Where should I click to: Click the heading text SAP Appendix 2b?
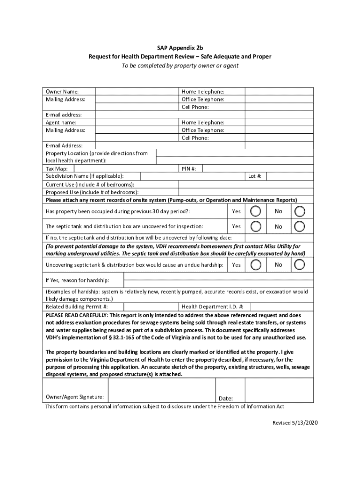tap(180, 48)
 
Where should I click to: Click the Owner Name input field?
tap(137, 92)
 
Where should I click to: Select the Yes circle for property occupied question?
tap(256, 211)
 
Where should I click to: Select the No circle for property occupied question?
tap(300, 211)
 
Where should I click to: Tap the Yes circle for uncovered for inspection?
tap(256, 226)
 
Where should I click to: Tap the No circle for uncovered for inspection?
tap(300, 226)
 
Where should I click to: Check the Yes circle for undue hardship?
tap(256, 265)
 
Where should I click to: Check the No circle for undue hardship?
tap(300, 265)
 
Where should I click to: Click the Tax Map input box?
tap(125, 168)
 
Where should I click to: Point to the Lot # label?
tap(255, 176)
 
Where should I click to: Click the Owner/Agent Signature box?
tap(161, 390)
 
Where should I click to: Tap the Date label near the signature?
tap(226, 399)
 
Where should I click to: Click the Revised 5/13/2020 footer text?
tap(295, 423)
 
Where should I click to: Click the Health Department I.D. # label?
tap(212, 307)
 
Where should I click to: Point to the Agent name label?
tap(61, 123)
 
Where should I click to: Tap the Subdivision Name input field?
tap(193, 176)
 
